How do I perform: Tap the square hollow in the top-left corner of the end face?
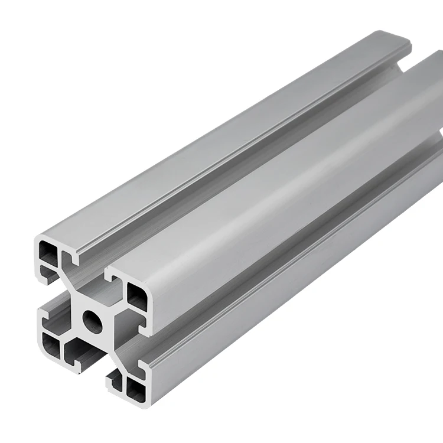pos(48,253)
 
